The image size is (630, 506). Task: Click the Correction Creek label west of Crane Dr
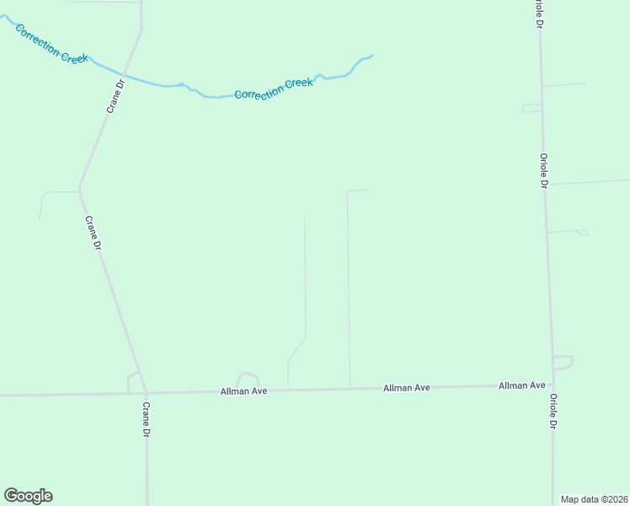click(50, 44)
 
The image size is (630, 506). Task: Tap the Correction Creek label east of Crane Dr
click(274, 89)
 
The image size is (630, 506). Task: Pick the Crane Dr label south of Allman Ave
click(146, 419)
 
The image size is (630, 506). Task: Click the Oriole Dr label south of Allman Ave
click(553, 412)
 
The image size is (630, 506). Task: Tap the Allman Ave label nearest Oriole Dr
click(521, 385)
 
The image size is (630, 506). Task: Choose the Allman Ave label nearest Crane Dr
click(243, 391)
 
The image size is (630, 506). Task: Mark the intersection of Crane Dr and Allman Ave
click(146, 393)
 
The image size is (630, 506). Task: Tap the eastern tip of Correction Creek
click(371, 56)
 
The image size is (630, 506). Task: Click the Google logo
click(28, 496)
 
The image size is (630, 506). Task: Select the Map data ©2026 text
click(594, 499)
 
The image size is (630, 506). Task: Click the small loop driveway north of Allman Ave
click(248, 376)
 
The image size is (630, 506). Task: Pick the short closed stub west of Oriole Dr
click(531, 108)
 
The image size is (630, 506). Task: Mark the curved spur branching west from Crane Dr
click(51, 194)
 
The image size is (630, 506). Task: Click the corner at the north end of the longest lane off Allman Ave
click(348, 191)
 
